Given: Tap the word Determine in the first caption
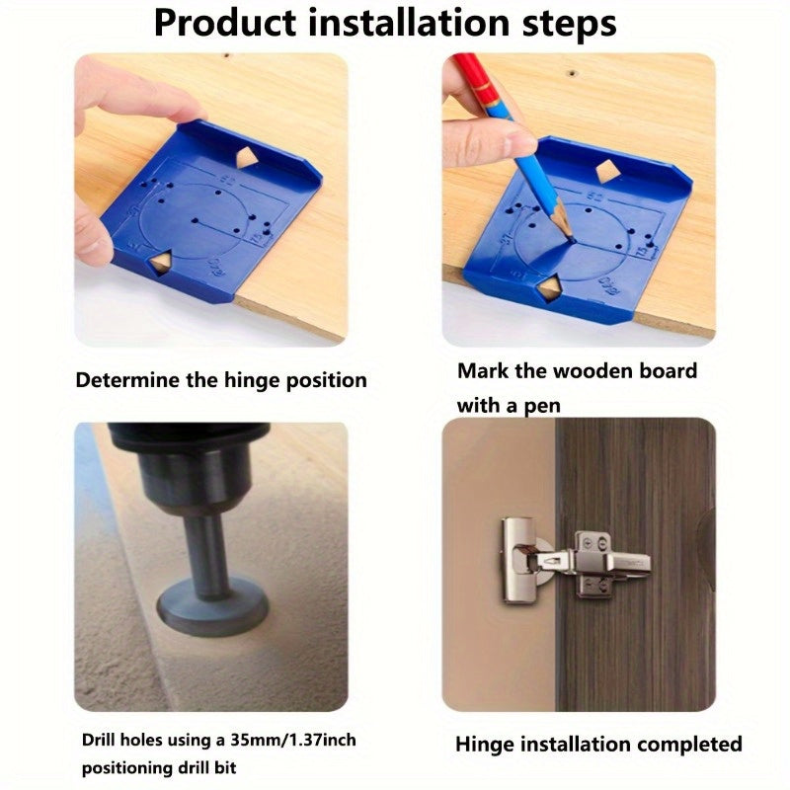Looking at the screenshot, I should pos(127,380).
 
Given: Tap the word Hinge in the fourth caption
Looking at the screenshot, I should pos(485,744).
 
